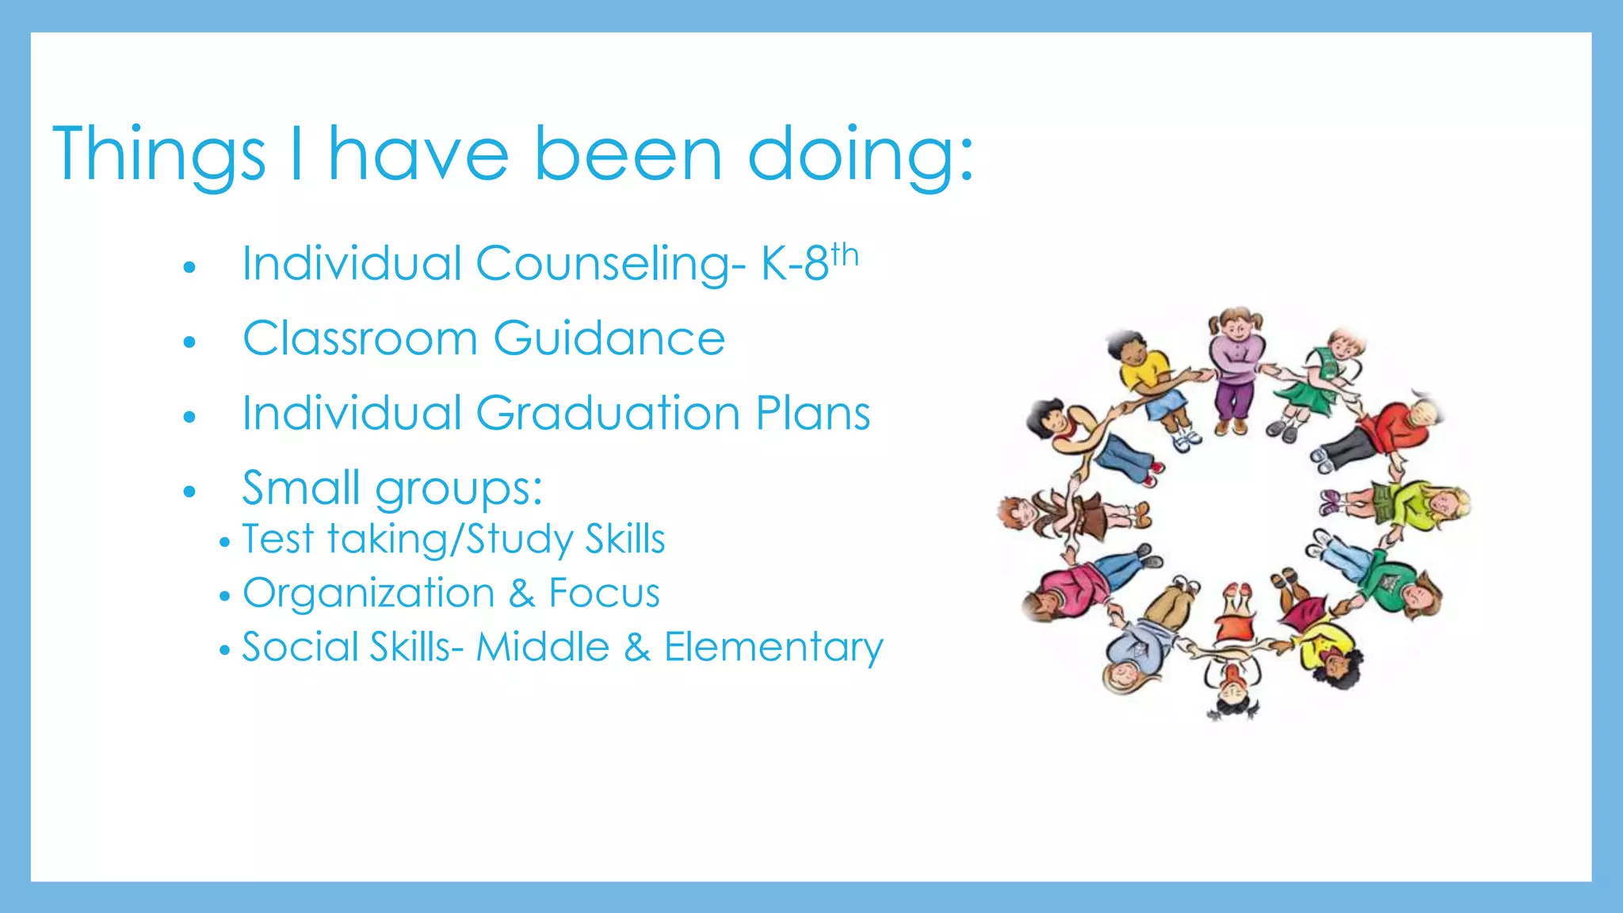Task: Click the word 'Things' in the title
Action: (158, 155)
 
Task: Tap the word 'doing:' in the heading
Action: (860, 155)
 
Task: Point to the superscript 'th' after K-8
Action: (845, 255)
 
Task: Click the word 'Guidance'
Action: (609, 339)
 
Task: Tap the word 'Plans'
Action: (812, 414)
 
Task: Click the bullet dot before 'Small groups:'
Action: (189, 491)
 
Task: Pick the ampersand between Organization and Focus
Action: (521, 593)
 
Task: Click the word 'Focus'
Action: (604, 593)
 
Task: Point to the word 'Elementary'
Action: (773, 647)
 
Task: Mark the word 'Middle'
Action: (542, 647)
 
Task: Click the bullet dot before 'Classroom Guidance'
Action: (189, 342)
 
